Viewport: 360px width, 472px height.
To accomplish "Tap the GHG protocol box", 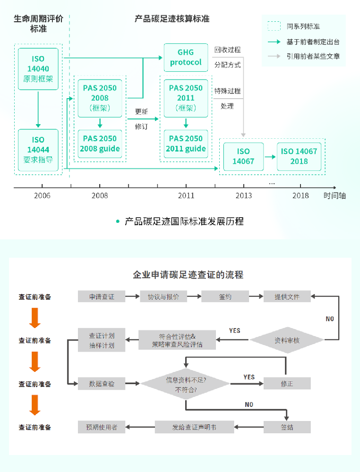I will click(186, 58).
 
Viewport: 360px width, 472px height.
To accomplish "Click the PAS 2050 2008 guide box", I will click(100, 143).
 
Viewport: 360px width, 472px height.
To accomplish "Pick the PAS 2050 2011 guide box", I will click(186, 143).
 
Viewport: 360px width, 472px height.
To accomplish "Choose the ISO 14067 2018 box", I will click(299, 156).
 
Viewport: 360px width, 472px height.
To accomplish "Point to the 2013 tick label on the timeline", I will click(243, 195).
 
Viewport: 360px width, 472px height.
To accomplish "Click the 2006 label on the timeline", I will click(43, 195).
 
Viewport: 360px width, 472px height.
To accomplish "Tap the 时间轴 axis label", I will click(334, 195).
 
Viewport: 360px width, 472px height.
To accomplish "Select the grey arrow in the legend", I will click(274, 56).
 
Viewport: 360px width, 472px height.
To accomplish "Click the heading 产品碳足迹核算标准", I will click(172, 19).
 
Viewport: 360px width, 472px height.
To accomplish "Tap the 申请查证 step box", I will click(102, 296).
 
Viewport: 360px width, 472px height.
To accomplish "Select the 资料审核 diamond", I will click(287, 340).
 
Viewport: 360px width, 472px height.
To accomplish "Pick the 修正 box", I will click(287, 383).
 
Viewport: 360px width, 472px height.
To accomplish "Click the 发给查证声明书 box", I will click(194, 427).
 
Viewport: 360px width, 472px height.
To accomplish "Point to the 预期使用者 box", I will click(102, 427).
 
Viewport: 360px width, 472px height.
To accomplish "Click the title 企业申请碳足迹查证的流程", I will click(188, 275).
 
